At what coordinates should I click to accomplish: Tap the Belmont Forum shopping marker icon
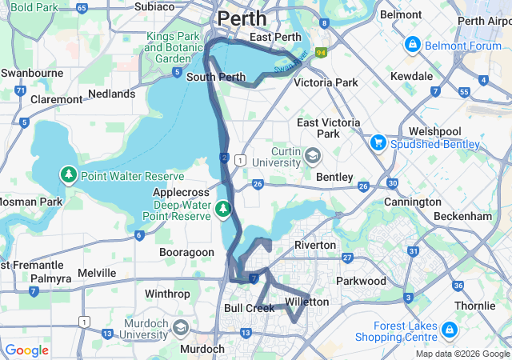click(413, 43)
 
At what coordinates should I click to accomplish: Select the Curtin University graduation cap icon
click(312, 154)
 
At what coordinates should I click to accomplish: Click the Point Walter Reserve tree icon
click(70, 176)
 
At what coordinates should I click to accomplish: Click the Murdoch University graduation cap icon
click(182, 328)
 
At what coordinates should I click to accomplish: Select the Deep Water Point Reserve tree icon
click(224, 210)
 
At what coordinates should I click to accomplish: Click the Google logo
click(26, 350)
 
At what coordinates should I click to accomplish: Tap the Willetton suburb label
click(307, 302)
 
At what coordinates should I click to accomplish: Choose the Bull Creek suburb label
click(249, 307)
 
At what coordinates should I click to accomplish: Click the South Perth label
click(215, 78)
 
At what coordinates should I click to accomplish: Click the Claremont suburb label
click(56, 99)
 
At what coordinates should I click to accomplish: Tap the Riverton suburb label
click(315, 244)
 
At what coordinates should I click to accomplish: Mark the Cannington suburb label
click(413, 202)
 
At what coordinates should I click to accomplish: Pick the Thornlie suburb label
click(476, 306)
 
